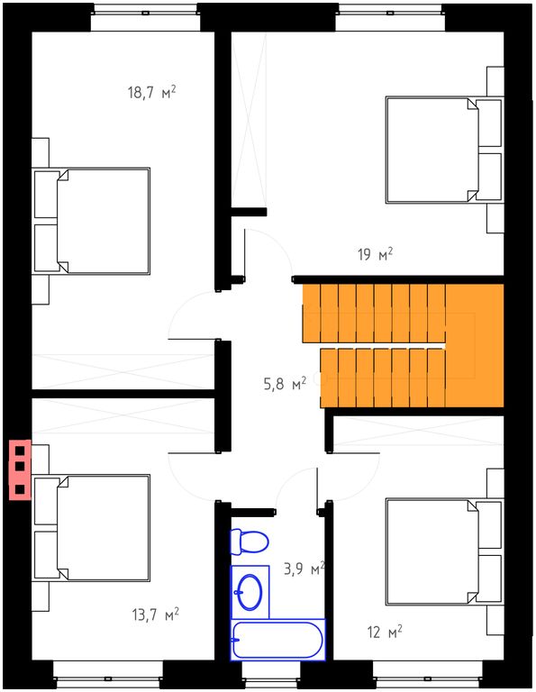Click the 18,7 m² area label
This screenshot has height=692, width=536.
coord(152,93)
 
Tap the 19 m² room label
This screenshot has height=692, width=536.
coord(375,255)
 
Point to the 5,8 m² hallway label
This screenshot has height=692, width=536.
coord(285,384)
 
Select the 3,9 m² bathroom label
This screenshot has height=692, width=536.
coord(304,569)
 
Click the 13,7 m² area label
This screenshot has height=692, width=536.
coord(156,615)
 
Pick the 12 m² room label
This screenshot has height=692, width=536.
coord(385,632)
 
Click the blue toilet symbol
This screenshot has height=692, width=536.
coord(250,542)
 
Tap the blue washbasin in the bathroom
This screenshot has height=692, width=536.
coord(250,592)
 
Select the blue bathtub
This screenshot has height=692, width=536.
coord(278,640)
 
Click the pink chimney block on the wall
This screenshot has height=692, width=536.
coord(21,469)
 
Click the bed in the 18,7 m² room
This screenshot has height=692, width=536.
coord(92,221)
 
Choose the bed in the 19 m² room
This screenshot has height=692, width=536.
coord(444,150)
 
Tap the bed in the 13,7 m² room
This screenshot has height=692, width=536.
coord(92,528)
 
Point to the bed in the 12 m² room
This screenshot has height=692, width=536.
coord(444,551)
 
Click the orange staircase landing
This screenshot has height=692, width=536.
coord(475,345)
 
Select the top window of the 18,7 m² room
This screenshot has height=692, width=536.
coord(146,18)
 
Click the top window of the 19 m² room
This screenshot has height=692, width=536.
coord(390,18)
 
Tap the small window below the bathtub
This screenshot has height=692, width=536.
coord(272,674)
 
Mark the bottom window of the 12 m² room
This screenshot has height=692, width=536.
coord(428,674)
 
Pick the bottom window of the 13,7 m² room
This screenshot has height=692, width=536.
coord(108,674)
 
